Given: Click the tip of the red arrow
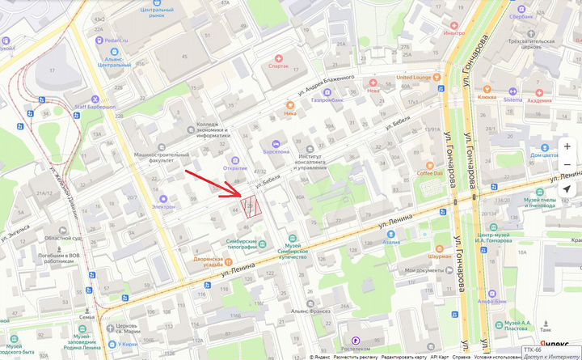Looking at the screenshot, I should (240, 197).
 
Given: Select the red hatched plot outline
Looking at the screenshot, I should (252, 208).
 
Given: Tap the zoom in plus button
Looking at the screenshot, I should (567, 147).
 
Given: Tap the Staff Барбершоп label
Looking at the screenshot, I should (95, 105).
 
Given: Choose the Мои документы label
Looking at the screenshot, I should (425, 270).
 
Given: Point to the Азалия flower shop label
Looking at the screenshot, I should (391, 242).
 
